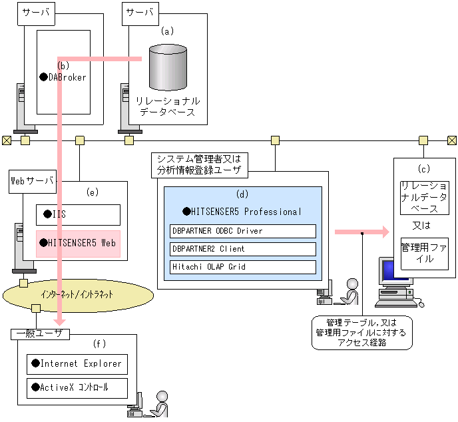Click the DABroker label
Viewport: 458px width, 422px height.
[67, 77]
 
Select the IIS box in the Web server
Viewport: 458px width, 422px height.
[77, 214]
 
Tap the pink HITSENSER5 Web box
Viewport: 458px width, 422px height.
[77, 243]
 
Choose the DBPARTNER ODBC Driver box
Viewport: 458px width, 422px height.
[242, 231]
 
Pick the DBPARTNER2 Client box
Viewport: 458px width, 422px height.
[242, 249]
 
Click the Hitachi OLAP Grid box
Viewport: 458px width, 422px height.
[242, 267]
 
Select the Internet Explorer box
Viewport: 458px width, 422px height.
[77, 364]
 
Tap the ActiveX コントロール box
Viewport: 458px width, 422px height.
[77, 387]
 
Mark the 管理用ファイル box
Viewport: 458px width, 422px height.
[425, 253]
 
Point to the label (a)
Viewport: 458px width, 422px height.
[167, 31]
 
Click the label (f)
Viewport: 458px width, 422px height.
[99, 343]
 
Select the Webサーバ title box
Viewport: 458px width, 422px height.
[32, 180]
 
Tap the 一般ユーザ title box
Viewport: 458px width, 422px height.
[40, 334]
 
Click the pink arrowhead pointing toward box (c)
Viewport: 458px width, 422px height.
[383, 232]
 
